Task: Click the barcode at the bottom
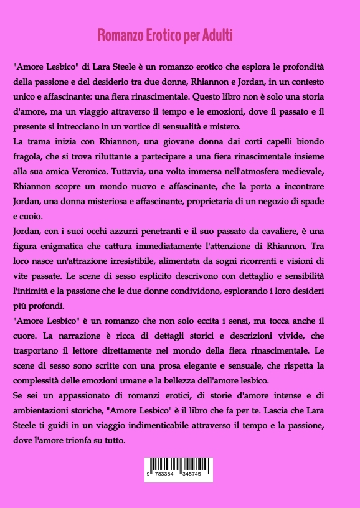(x=179, y=468)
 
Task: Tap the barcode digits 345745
(x=192, y=474)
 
